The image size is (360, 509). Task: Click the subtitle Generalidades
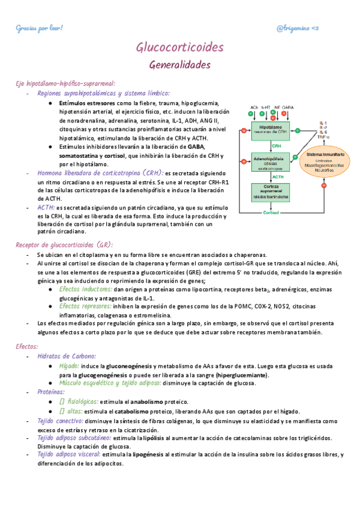(179, 64)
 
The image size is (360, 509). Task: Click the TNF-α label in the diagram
(323, 137)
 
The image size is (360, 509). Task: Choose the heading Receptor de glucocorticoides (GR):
(64, 244)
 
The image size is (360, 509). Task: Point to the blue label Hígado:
(72, 366)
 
